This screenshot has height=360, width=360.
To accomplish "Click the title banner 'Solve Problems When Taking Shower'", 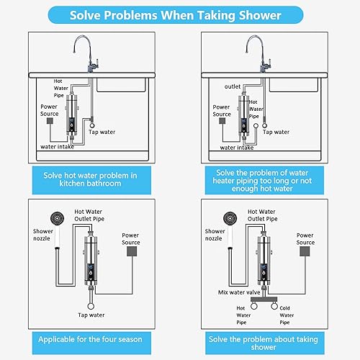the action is click(176, 15).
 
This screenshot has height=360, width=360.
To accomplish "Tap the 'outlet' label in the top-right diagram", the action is click(233, 86).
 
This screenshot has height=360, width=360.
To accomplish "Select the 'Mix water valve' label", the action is click(239, 292).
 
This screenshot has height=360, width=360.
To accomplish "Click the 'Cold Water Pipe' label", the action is click(287, 315).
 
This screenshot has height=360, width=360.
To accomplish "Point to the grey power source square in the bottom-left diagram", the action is click(132, 251).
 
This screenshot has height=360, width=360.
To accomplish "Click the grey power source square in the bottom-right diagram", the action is click(305, 251).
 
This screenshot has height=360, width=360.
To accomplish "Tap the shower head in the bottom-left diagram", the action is click(57, 219).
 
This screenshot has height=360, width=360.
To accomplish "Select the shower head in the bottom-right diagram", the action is click(230, 219).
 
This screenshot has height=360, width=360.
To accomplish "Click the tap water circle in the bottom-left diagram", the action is click(91, 306).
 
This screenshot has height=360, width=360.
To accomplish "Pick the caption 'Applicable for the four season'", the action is click(90, 339).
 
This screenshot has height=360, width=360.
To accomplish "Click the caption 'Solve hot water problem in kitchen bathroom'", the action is click(90, 179).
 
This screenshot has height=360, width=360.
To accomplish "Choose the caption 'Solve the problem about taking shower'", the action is click(264, 343).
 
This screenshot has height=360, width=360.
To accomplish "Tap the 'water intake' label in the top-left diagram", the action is click(57, 147).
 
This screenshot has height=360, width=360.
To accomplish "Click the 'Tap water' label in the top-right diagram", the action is click(276, 132).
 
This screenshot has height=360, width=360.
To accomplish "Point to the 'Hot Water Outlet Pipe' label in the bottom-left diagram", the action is click(89, 215).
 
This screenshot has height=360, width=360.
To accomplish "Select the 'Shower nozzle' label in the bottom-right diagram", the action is click(215, 235).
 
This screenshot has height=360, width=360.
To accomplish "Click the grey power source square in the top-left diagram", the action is click(50, 121).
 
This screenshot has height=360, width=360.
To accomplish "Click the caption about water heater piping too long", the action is click(262, 181).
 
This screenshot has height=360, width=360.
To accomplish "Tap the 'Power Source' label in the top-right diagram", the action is click(222, 111).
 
